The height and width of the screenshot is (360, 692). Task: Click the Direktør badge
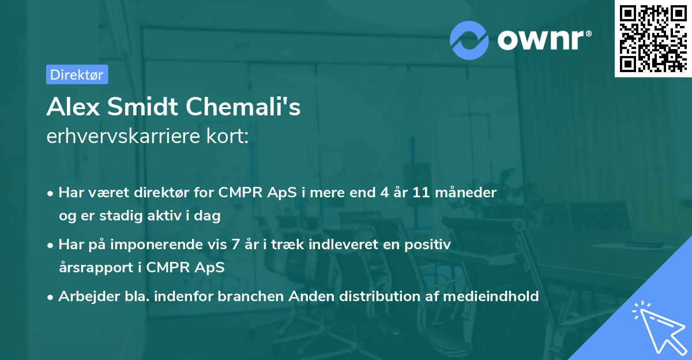(77, 74)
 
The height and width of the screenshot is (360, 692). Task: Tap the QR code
(652, 39)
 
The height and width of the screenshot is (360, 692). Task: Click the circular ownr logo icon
(470, 40)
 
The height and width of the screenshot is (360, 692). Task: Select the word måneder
(468, 193)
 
